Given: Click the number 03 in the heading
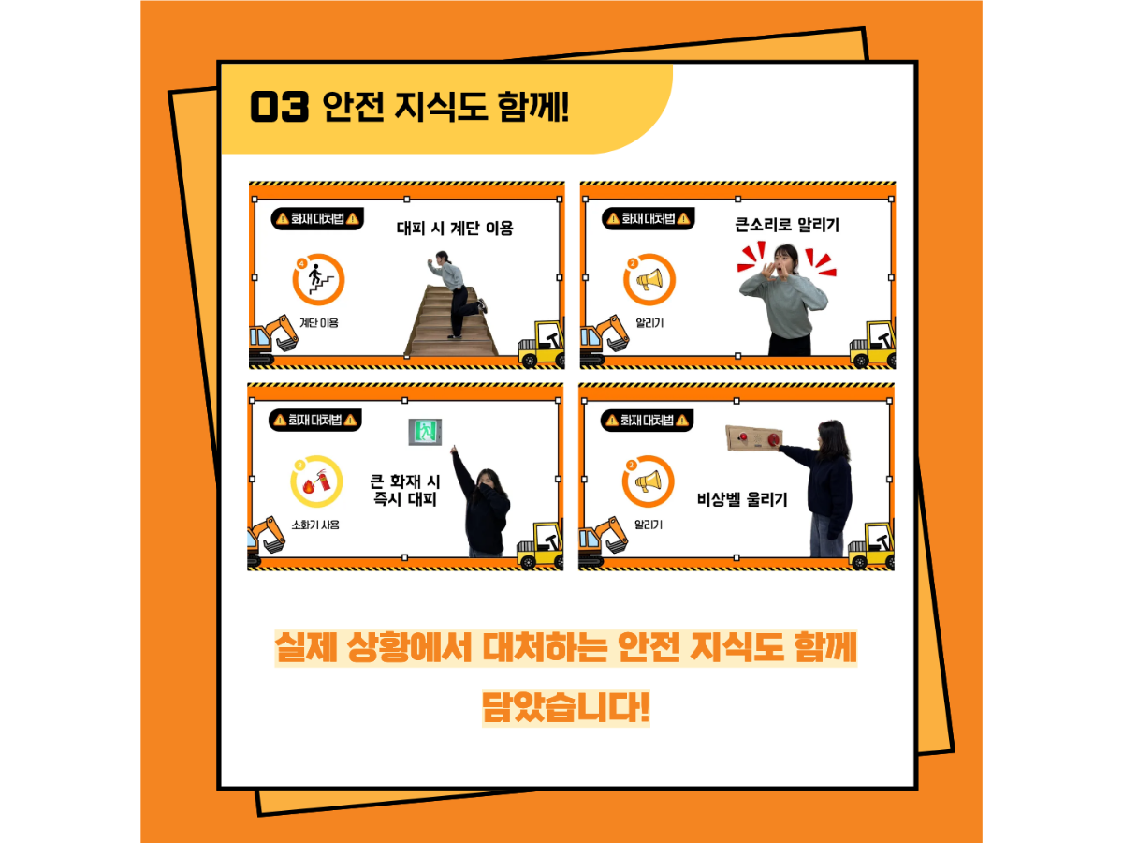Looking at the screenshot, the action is tap(279, 107).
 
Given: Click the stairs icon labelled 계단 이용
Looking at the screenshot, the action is tap(318, 279).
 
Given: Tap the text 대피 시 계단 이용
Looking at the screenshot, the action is tap(455, 228).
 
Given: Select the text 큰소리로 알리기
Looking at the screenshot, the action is tap(787, 225).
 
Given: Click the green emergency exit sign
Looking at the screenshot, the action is tap(425, 432).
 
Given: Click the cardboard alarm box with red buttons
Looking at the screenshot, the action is tap(754, 438).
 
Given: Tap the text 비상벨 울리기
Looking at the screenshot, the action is tap(742, 499).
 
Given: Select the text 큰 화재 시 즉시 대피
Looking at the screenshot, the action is tap(404, 490).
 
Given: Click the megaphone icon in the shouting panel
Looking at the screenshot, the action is tap(649, 279).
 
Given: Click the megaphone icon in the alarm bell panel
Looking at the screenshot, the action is tap(648, 481).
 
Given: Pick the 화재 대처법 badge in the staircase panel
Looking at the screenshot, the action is tap(317, 219).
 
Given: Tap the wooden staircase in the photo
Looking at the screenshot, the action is tap(450, 321).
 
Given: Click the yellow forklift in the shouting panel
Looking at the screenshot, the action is tap(872, 343).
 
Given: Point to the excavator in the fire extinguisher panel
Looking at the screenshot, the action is tap(266, 539).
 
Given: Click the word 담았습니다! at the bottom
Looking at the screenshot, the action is tap(566, 708).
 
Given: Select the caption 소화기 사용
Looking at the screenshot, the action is tap(315, 525).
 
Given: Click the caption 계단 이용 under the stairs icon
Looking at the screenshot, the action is tap(319, 323).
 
